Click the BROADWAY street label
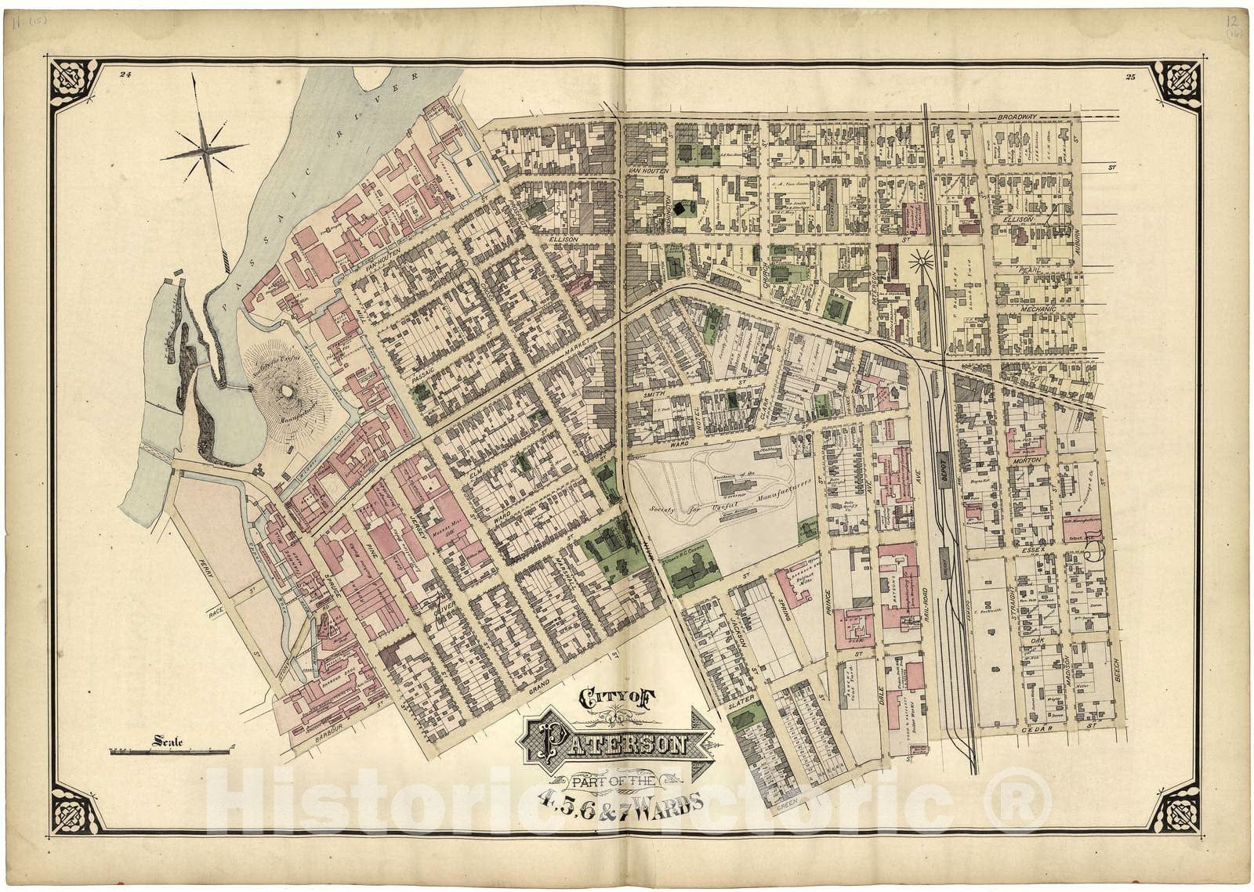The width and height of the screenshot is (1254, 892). (1017, 117)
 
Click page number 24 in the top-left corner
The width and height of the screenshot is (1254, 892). (125, 75)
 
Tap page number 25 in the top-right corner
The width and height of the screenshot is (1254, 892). (1129, 77)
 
